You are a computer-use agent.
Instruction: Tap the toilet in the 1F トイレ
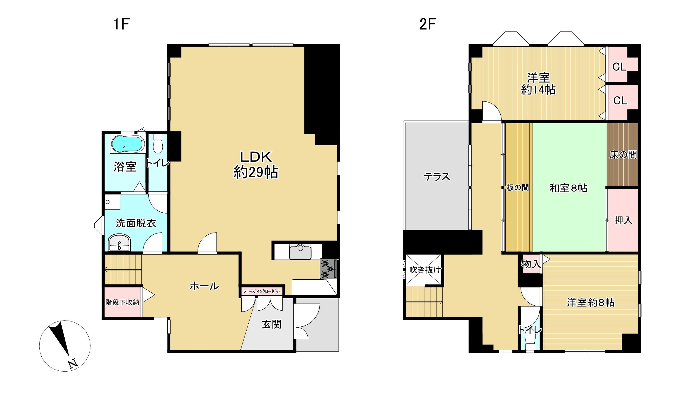pos(158,143)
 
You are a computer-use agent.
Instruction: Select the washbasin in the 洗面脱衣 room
pos(119,243)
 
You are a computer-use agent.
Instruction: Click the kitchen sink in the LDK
pos(300,252)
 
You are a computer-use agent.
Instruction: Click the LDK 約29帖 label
pos(256,165)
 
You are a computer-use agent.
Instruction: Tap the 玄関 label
pos(272,324)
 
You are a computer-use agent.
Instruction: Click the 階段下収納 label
pos(122,302)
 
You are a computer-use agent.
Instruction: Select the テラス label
pos(437,177)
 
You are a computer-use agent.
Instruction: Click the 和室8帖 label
pos(568,188)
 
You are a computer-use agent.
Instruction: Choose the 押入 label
pos(623,220)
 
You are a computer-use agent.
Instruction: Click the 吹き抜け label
pos(425,270)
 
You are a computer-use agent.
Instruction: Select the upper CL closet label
pos(619,67)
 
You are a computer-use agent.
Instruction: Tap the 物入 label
pos(531,264)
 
